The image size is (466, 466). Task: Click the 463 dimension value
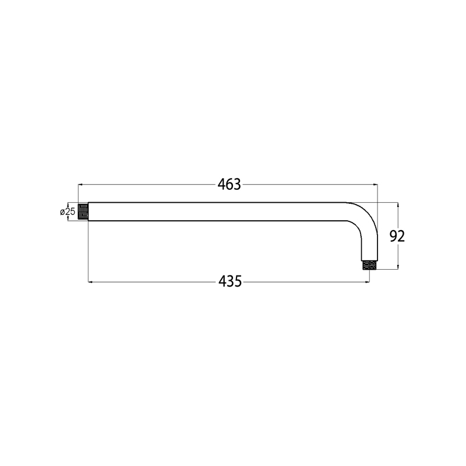229,185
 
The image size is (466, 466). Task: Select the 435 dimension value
230,281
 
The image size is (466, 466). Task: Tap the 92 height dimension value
397,236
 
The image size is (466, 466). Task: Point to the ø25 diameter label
68,212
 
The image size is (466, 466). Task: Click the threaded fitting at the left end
83,211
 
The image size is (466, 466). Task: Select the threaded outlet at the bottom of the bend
369,265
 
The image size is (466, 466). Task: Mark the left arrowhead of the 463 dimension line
80,185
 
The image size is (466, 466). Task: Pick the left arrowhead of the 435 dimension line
90,281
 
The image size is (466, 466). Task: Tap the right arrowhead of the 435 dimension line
368,281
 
